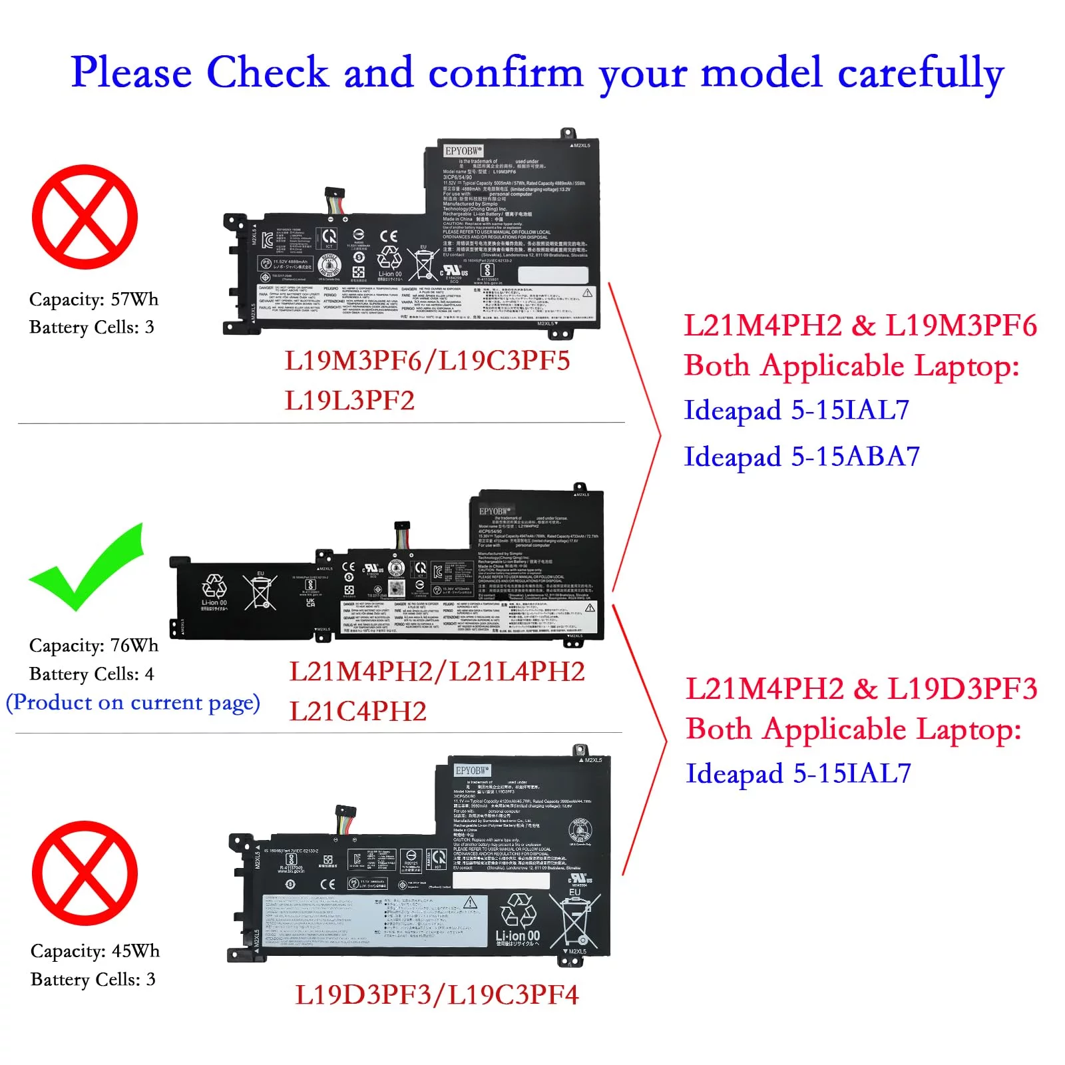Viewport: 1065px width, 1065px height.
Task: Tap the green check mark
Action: coord(87,569)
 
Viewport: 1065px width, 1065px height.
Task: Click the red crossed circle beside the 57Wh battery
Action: coord(85,217)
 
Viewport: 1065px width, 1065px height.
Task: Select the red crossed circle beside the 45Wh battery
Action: coord(85,873)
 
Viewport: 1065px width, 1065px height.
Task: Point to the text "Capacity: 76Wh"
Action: coord(94,646)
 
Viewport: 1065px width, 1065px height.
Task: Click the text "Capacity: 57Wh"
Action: coord(94,300)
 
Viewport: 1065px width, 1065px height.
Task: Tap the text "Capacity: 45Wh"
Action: coord(95,951)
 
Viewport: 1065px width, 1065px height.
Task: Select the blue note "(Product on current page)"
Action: coord(132,703)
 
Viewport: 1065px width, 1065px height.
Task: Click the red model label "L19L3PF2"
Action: coord(349,401)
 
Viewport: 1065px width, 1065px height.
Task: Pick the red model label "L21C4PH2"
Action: coord(357,712)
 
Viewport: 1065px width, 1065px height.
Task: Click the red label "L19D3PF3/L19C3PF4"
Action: coord(437,995)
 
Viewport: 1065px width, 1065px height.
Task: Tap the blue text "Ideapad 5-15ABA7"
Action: coord(801,457)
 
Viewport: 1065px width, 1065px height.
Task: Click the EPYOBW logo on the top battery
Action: coord(463,151)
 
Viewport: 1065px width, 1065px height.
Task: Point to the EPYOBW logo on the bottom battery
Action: coord(472,770)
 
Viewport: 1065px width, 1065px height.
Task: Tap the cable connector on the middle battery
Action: coord(401,535)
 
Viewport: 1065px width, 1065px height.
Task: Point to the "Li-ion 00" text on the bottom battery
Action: coord(517,936)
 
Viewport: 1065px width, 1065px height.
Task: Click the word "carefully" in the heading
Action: coord(921,73)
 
